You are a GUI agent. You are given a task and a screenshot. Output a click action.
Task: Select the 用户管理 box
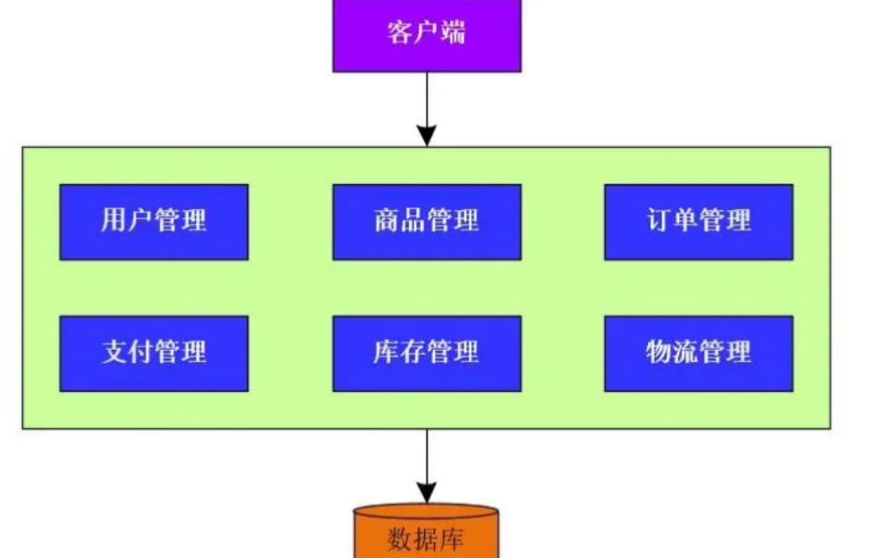point(154,221)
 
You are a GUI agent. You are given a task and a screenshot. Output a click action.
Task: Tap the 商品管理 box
point(427,221)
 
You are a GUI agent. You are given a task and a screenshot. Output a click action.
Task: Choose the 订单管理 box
point(698,221)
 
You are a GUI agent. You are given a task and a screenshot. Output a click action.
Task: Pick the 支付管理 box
point(154,353)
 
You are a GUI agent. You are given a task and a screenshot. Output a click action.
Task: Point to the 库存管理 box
point(427,353)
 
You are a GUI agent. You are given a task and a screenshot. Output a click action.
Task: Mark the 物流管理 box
point(698,353)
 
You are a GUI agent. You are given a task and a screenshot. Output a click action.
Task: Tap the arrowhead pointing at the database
point(427,492)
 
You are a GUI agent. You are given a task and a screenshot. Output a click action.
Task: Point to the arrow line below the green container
point(427,454)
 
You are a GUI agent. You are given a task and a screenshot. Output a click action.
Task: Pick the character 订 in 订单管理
point(659,221)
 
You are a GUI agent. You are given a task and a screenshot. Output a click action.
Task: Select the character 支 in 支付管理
point(114,353)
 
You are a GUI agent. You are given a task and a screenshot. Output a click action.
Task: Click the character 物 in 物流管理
point(659,353)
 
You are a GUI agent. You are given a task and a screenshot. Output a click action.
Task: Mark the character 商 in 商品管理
point(386,221)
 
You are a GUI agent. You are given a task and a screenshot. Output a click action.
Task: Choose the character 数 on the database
point(400,538)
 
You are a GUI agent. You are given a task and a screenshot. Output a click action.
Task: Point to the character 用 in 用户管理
point(114,221)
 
